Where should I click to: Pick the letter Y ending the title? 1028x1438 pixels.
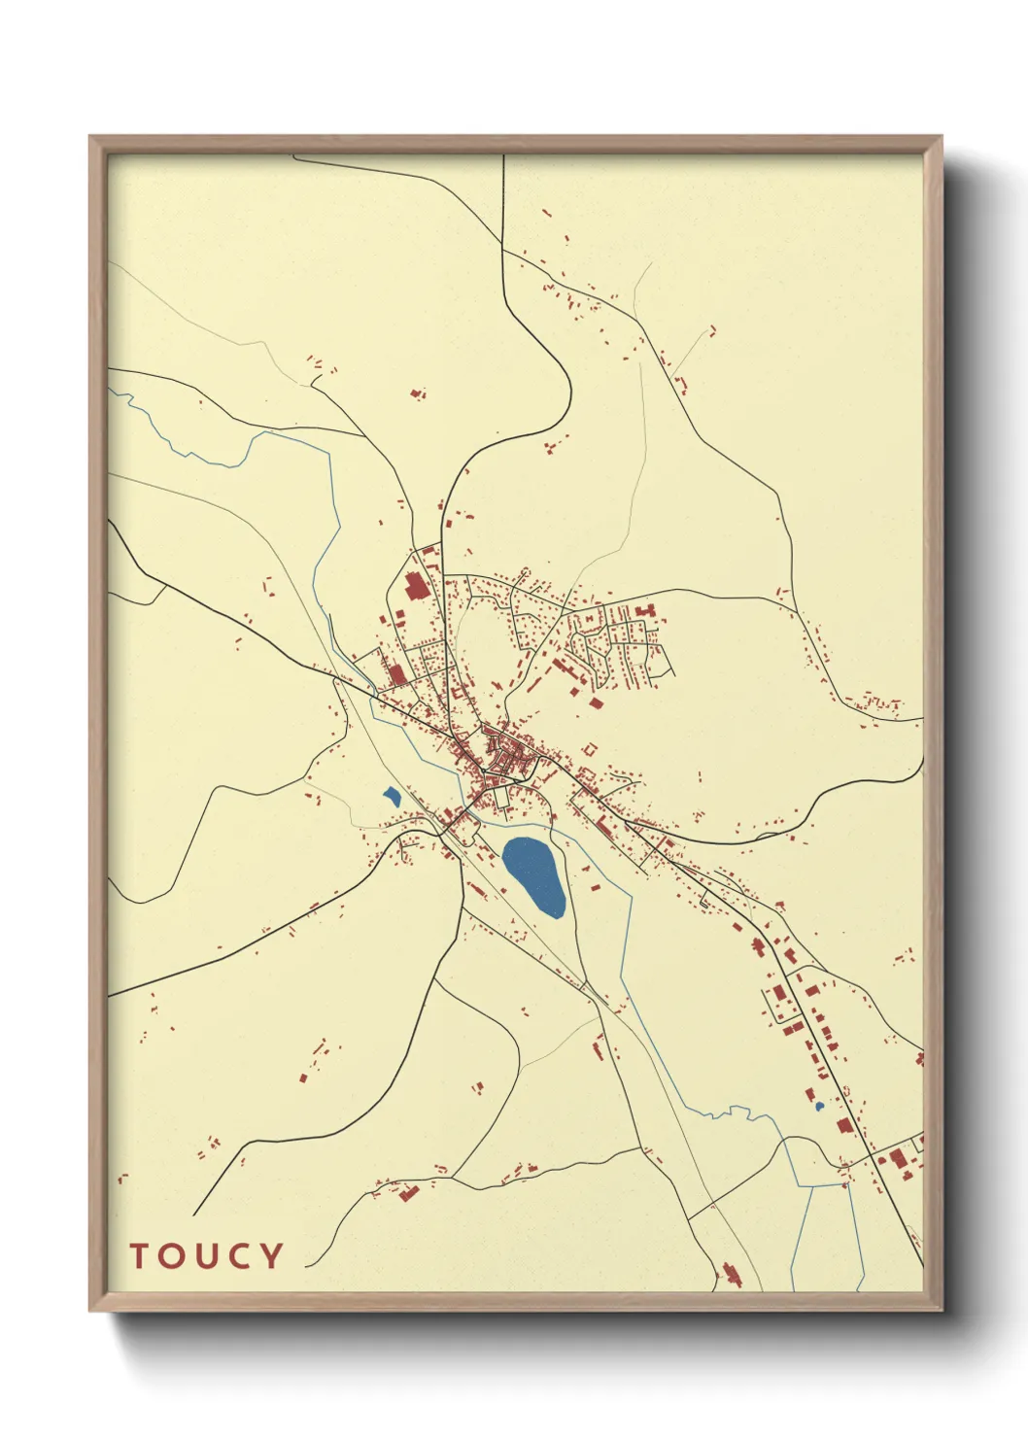271,1255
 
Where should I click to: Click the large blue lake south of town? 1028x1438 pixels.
533,875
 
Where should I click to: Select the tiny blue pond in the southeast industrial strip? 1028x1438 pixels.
819,1106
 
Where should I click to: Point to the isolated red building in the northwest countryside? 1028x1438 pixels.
418,394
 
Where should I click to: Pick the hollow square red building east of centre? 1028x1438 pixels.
590,749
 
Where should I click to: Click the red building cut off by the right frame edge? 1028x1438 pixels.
919,1058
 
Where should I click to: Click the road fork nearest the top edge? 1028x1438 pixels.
503,249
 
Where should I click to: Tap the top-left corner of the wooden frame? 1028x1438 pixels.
90,137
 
